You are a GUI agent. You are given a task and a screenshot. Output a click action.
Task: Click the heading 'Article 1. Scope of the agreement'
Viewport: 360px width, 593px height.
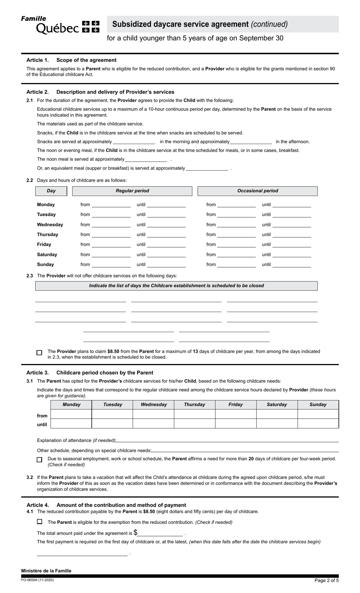click(71, 60)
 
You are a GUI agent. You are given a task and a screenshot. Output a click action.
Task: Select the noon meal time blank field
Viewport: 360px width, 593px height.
click(146, 160)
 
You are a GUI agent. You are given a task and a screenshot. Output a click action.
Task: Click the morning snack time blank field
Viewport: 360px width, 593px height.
click(134, 142)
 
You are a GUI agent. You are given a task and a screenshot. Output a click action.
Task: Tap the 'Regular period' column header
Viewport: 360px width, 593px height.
click(132, 191)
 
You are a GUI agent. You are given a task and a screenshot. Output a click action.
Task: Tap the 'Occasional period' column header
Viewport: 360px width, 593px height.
click(257, 191)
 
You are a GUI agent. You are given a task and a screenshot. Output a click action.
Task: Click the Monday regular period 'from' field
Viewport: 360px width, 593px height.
click(111, 205)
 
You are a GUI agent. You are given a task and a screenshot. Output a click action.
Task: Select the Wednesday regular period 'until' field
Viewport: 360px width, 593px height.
click(166, 225)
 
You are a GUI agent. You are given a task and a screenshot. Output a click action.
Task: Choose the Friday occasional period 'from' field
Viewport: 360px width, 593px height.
click(236, 245)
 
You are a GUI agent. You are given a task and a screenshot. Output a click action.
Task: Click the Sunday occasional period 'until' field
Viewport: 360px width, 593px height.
click(291, 265)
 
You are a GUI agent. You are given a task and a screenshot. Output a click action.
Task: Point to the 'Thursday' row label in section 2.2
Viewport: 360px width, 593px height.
click(47, 235)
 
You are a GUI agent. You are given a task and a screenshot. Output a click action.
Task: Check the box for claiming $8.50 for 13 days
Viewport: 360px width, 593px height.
click(39, 353)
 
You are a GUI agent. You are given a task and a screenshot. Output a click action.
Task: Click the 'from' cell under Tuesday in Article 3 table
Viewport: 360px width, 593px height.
click(112, 414)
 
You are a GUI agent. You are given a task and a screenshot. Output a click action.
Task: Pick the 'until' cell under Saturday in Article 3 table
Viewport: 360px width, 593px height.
click(277, 424)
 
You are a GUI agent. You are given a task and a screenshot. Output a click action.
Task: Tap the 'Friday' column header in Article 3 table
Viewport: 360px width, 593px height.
click(235, 405)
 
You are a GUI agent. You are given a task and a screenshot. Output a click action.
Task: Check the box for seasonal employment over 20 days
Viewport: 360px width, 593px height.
click(39, 460)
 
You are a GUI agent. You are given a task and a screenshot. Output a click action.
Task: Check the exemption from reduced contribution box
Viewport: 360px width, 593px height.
click(39, 522)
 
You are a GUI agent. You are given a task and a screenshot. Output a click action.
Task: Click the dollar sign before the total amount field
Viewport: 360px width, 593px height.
click(135, 533)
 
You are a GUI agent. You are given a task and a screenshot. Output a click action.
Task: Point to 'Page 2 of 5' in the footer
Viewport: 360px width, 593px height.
click(326, 580)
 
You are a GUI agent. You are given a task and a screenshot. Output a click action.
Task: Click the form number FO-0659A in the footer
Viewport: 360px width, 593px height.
click(34, 580)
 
